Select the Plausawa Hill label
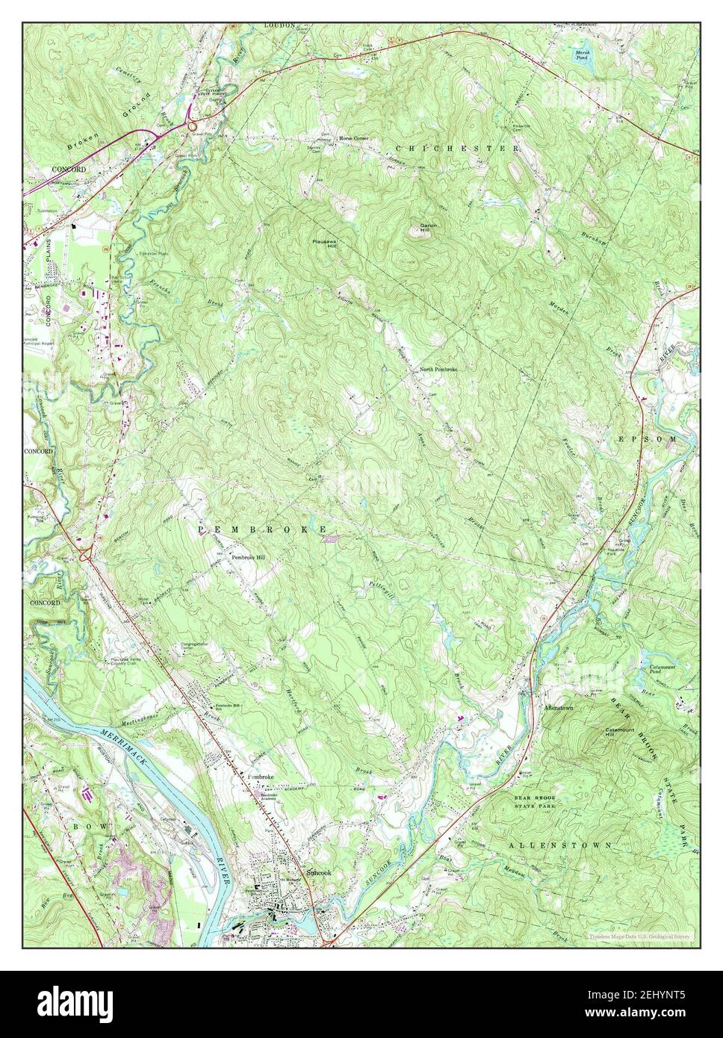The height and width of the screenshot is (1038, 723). tap(327, 246)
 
